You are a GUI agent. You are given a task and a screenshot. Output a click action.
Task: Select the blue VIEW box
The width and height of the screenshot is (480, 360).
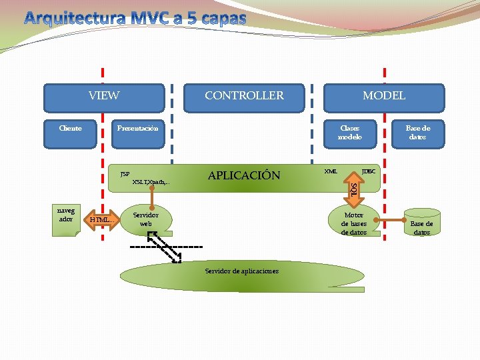104,97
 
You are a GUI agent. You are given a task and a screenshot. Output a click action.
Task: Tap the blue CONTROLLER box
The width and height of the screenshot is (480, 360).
244,97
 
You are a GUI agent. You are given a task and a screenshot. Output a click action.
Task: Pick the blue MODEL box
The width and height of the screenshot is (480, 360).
383,97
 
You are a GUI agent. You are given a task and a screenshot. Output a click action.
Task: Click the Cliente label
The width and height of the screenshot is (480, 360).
71,128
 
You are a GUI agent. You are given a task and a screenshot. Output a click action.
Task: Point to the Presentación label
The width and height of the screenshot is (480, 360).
137,128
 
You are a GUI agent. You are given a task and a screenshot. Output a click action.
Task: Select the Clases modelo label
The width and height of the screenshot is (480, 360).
349,132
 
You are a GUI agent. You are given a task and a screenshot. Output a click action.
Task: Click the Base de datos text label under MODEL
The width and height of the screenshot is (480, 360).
418,132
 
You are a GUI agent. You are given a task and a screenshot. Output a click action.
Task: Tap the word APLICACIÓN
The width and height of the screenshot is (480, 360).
244,176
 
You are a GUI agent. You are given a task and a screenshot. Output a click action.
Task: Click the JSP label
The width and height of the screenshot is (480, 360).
125,174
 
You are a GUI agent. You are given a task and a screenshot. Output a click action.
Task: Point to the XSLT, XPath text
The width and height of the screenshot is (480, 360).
151,181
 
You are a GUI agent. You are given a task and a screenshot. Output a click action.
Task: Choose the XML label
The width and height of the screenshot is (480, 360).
330,171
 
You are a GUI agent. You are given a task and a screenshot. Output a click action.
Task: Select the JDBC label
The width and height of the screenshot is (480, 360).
368,171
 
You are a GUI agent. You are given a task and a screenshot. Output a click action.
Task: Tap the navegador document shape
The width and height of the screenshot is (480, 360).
66,219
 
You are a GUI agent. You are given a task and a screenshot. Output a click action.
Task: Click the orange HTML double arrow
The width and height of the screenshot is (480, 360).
101,219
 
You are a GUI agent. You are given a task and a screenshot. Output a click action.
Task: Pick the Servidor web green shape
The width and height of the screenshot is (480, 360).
146,219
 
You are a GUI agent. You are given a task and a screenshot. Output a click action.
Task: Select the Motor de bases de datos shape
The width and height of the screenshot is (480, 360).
354,223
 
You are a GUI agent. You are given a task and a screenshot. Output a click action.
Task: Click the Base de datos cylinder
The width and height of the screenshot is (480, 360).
421,223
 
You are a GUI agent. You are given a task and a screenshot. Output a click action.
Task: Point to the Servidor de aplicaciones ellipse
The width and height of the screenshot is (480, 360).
241,271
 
